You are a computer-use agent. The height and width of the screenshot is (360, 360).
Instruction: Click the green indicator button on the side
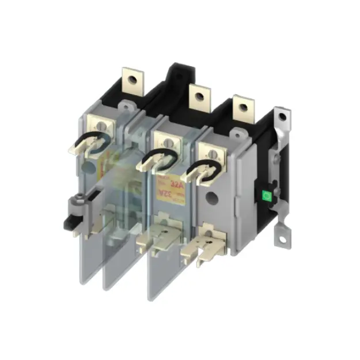click(x=266, y=195)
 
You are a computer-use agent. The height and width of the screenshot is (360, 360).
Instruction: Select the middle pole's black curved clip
click(x=157, y=157)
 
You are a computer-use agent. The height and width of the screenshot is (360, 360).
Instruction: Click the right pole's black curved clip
click(x=203, y=169)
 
